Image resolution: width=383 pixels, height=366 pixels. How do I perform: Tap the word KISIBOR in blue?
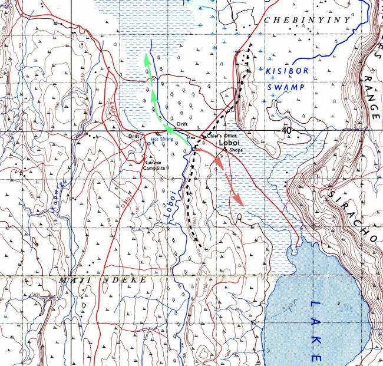[285, 70]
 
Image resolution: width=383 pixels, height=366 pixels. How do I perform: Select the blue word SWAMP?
[286, 87]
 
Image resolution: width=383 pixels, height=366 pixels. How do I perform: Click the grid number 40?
[287, 130]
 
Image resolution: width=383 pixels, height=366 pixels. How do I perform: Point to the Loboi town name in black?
[230, 143]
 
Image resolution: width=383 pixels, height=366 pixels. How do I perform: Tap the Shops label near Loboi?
[236, 150]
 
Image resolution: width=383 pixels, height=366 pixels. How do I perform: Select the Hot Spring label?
[163, 139]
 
